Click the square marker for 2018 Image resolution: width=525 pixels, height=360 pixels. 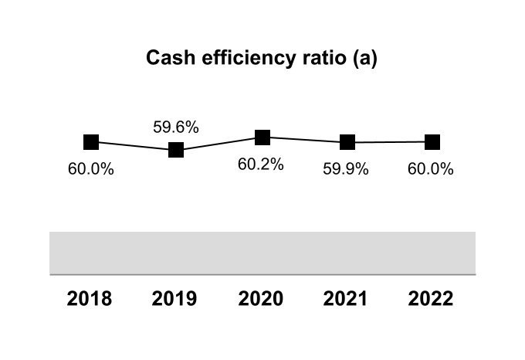click(91, 141)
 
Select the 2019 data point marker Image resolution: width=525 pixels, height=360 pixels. click(176, 150)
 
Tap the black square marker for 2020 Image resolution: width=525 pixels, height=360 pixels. click(262, 137)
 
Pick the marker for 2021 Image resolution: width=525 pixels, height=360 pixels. click(347, 142)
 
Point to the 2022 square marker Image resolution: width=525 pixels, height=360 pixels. click(432, 141)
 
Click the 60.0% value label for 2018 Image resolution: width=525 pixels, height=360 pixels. click(91, 170)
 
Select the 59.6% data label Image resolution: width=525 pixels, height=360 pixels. click(176, 127)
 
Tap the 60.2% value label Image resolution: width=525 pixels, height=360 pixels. click(261, 165)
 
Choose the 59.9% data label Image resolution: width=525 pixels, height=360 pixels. click(346, 170)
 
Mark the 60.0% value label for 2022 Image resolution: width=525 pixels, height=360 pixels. click(431, 170)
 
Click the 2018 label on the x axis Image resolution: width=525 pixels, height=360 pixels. click(90, 299)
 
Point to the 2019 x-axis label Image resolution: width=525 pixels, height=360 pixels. click(175, 299)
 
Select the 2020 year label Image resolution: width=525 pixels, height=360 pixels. click(261, 299)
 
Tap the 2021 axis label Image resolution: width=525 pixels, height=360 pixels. click(347, 299)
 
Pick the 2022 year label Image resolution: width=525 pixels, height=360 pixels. click(432, 299)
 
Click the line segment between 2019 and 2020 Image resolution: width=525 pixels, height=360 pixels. click(219, 144)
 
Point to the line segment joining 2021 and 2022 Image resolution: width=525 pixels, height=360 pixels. click(390, 142)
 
